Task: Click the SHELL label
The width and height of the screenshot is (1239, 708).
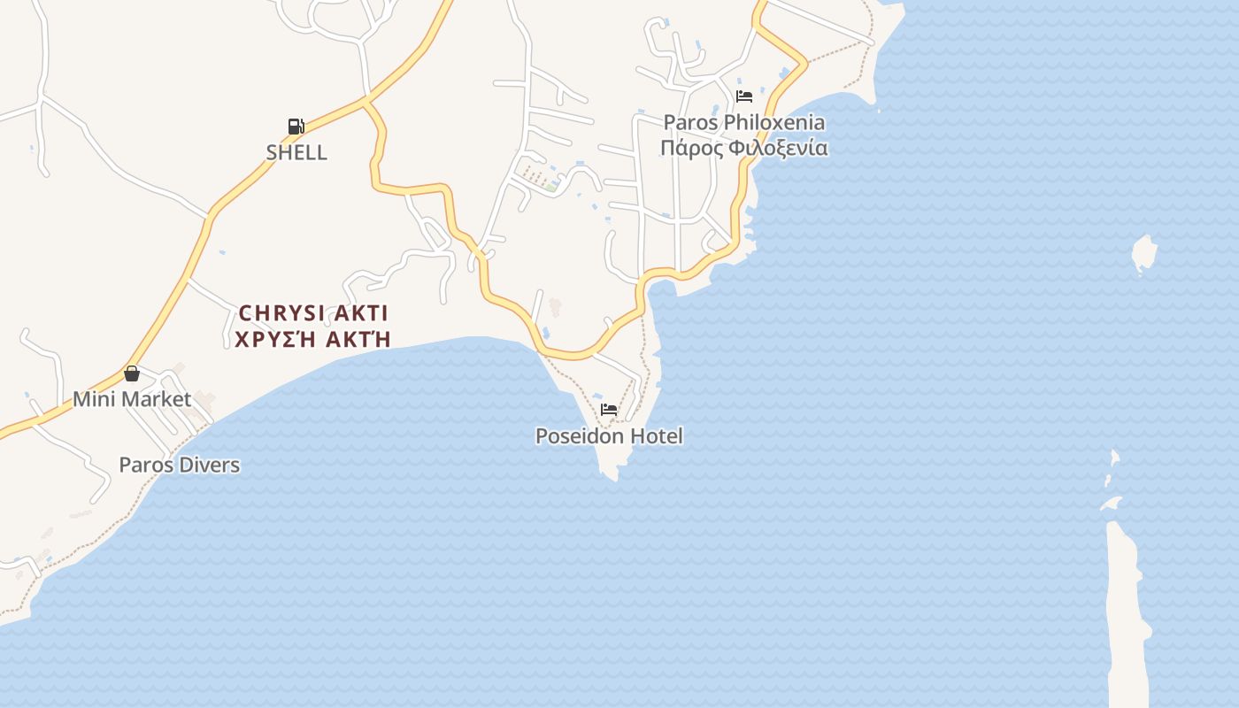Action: (x=296, y=152)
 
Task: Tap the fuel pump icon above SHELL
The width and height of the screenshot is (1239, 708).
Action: (x=296, y=127)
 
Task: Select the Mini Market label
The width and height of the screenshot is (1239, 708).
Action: (x=132, y=399)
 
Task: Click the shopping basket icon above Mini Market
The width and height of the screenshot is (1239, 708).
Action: (x=132, y=373)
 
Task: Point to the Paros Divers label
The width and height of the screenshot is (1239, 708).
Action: (x=180, y=465)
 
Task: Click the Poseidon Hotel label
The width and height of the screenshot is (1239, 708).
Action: (x=609, y=436)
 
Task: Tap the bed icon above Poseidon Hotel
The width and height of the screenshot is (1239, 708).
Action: (x=609, y=410)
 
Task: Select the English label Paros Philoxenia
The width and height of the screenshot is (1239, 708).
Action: (x=744, y=122)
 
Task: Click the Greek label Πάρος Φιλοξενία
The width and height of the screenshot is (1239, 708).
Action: (x=744, y=148)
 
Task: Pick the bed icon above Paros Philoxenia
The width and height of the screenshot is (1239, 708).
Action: (x=744, y=96)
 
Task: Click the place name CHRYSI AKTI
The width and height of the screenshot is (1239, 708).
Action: (x=313, y=313)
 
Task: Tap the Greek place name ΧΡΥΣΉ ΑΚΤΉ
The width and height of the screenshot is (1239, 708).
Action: (x=313, y=339)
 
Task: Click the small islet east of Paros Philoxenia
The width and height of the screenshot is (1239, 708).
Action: (x=1144, y=254)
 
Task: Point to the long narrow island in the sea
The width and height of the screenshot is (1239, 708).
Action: (x=1127, y=611)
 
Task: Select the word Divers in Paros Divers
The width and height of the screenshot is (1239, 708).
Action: (x=211, y=465)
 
